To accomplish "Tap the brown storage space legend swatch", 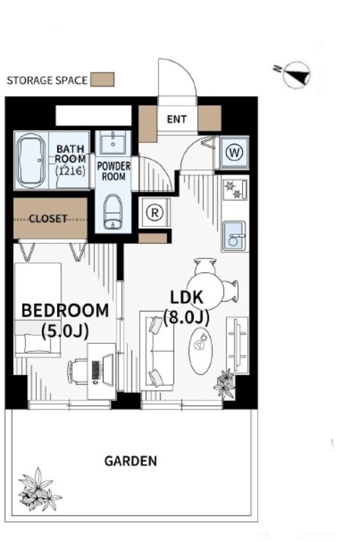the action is click(103, 79).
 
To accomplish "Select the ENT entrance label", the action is click(176, 119).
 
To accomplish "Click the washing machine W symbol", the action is click(235, 152).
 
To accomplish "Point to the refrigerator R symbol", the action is click(155, 212).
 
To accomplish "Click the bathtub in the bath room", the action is click(32, 160).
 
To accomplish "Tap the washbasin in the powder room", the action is click(113, 143).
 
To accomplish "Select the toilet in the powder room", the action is click(113, 212).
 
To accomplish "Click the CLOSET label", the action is click(48, 219).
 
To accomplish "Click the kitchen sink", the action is click(234, 236).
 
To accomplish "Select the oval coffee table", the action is click(200, 350).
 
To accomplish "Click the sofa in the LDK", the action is click(158, 350).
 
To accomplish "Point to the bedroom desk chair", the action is click(79, 371).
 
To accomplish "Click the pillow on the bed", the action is click(38, 343).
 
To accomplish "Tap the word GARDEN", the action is click(131, 461).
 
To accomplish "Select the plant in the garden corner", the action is click(38, 489).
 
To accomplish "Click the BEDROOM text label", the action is click(65, 311).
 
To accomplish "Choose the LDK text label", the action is click(187, 298).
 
